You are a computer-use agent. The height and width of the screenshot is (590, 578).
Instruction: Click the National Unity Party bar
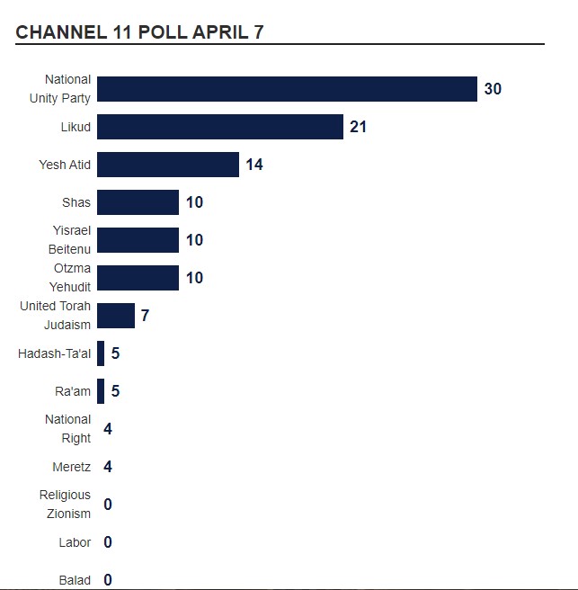coord(287,89)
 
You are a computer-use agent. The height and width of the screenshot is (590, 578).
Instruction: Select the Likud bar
coord(220,127)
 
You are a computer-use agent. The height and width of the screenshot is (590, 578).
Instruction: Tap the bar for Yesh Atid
coord(168,165)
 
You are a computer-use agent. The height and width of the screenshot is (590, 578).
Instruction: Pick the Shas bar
coord(138,202)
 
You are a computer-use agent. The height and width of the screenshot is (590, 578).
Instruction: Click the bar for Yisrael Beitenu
coord(138,240)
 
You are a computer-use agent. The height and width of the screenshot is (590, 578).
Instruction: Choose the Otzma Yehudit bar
coord(138,278)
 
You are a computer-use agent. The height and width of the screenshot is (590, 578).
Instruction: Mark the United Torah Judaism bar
coord(116,316)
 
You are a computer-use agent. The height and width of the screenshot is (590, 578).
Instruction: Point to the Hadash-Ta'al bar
coord(101,353)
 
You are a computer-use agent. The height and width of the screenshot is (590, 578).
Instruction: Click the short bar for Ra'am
coord(101,391)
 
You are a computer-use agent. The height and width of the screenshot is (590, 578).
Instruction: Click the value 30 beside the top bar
coord(493,89)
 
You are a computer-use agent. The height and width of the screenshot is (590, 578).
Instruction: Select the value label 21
coord(359,127)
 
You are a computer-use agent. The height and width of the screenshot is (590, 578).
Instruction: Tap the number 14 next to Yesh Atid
coord(254,165)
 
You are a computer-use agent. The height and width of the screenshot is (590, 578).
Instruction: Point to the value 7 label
coord(145,316)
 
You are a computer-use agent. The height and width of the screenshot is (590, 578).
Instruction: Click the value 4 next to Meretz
coord(108,467)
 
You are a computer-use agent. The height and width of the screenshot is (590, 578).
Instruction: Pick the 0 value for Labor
coord(108,542)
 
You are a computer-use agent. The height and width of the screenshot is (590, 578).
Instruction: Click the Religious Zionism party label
coord(65,505)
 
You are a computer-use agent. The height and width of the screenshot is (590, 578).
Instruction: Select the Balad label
coord(75,580)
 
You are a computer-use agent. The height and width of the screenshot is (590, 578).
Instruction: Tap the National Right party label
coord(68,429)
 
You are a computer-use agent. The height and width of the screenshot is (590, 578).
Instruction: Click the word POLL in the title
coord(162,32)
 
